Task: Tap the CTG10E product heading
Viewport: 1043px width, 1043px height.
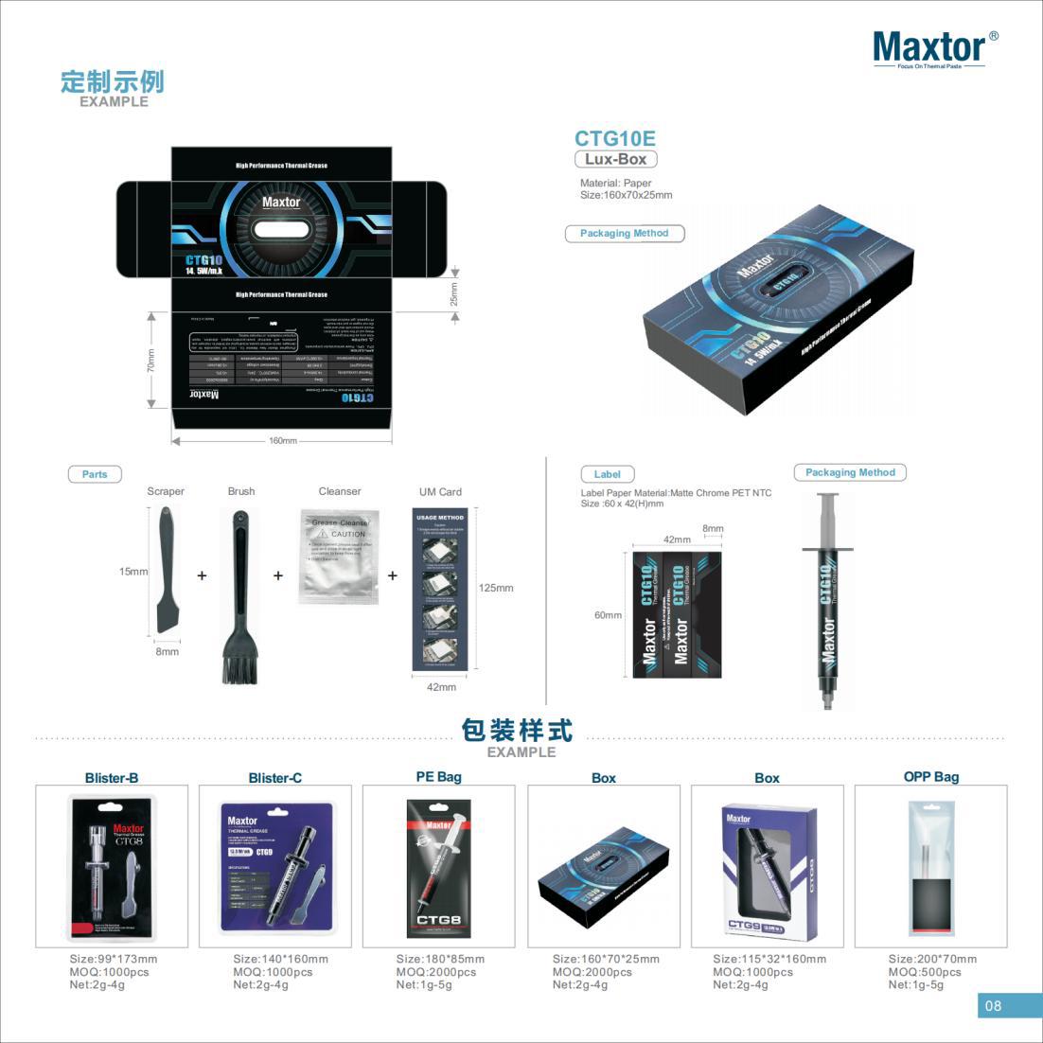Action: click(x=614, y=138)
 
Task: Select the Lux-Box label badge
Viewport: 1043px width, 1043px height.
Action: click(x=615, y=159)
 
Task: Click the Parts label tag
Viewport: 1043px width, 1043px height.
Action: click(x=95, y=474)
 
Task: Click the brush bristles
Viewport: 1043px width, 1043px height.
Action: click(x=239, y=663)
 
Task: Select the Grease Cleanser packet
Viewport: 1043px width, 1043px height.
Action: click(x=338, y=557)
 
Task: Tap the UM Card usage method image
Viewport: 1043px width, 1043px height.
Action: click(x=440, y=591)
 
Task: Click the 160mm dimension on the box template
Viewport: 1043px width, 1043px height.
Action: click(x=282, y=441)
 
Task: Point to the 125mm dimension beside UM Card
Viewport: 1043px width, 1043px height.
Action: click(x=496, y=588)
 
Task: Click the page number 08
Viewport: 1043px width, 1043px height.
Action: click(x=992, y=1006)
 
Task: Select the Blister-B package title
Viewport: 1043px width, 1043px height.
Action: click(x=112, y=778)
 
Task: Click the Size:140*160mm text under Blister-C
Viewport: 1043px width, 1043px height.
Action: click(x=280, y=959)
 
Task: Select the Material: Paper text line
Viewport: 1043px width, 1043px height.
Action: click(x=615, y=183)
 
